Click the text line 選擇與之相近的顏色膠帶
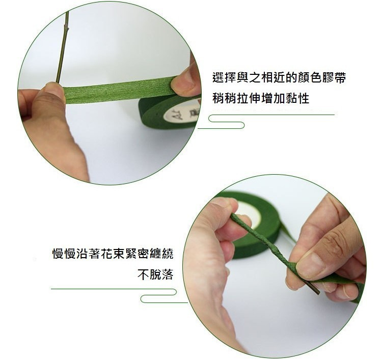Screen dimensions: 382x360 click(279, 77)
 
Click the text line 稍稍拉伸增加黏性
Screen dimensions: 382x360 click(261, 98)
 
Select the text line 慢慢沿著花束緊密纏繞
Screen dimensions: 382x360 click(113, 253)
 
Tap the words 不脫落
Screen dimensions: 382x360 click(155, 274)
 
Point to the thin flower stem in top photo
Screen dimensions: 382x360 click(62, 46)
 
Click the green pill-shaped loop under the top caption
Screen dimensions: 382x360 click(226, 122)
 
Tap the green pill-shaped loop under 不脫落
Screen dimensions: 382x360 click(158, 296)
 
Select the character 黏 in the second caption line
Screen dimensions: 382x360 click(291, 98)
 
